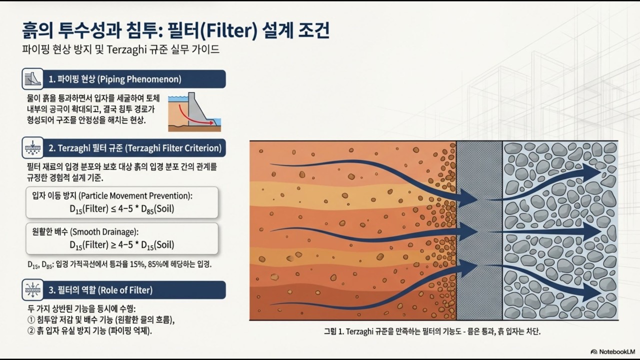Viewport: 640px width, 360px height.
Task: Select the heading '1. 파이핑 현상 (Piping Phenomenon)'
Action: pos(115,79)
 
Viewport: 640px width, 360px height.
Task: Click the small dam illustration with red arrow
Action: pos(195,112)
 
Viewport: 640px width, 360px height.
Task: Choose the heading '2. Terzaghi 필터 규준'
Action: pos(135,148)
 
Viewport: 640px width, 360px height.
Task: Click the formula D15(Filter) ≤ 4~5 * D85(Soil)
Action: pos(122,208)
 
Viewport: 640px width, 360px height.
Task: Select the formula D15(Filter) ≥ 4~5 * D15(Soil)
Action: pos(122,244)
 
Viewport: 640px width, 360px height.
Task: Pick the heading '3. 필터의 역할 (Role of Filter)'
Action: pos(100,290)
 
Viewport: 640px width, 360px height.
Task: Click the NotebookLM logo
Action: pos(612,351)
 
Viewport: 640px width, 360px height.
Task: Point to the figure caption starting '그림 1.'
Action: pos(432,331)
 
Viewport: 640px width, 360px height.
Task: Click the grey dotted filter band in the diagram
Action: pos(479,230)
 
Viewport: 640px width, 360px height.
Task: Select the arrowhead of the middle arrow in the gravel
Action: pos(595,232)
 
